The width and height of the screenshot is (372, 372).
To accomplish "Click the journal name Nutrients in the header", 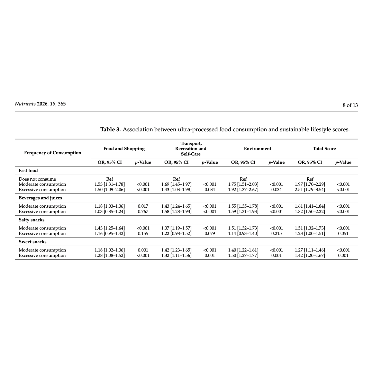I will click(25, 104).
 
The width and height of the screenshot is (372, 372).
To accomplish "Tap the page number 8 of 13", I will click(350, 105).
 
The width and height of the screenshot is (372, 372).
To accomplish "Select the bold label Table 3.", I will click(110, 130).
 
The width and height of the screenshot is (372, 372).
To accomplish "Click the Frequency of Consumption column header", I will click(53, 153).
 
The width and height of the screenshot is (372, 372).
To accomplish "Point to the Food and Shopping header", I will click(124, 149).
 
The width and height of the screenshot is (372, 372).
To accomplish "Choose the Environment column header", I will click(258, 149).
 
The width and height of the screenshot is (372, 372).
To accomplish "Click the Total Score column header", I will click(324, 149).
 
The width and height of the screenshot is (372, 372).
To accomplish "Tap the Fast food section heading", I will click(28, 171).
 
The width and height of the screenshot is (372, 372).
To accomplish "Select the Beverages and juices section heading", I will click(40, 198).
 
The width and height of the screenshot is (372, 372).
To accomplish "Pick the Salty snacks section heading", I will click(32, 220).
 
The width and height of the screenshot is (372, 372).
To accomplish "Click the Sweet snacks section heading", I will click(33, 242).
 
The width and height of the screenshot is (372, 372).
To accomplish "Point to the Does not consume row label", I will click(37, 179).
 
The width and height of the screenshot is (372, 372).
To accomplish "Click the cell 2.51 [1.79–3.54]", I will click(310, 190).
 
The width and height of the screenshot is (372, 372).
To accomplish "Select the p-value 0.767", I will click(143, 212).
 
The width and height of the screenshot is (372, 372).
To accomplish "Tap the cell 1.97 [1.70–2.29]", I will click(310, 184).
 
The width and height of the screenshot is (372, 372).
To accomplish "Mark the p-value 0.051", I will click(343, 233).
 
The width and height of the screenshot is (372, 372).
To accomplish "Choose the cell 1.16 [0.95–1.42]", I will click(109, 233).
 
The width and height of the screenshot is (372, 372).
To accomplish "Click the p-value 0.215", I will click(277, 233).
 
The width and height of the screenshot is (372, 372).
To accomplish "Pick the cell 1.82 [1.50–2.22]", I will click(310, 212).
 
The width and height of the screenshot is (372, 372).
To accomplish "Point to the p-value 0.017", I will click(143, 206).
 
